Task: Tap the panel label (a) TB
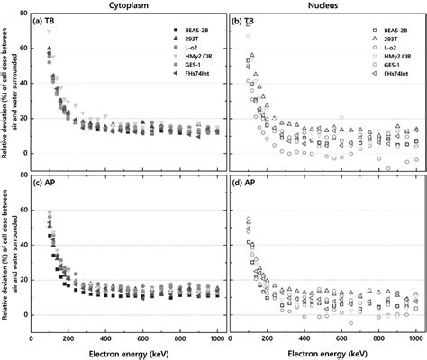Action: (44, 20)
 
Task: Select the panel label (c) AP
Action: (44, 184)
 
